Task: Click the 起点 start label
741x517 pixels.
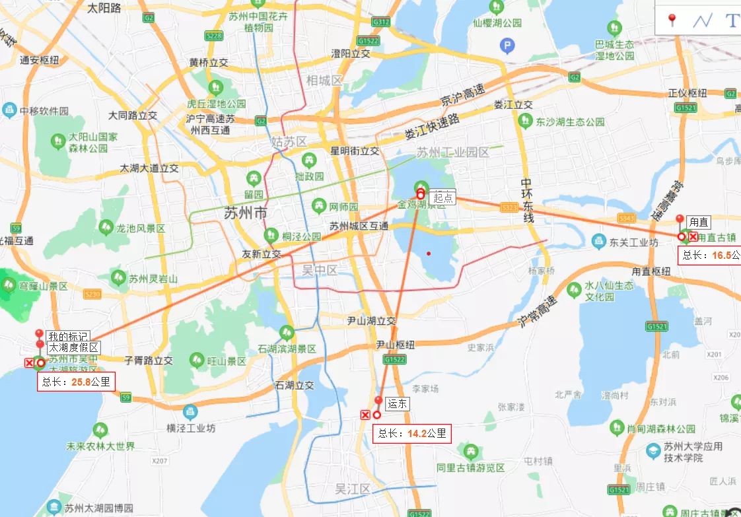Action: (x=442, y=197)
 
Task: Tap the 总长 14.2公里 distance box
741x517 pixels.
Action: (x=413, y=434)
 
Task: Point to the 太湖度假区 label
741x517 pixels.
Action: (x=73, y=347)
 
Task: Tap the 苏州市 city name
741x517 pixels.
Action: (x=246, y=213)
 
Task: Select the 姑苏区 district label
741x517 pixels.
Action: (x=289, y=142)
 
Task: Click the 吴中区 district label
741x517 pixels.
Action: (x=320, y=269)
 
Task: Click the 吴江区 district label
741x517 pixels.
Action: (x=353, y=489)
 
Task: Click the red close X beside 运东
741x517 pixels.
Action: (x=365, y=415)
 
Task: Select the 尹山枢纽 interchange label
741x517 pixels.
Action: (x=395, y=345)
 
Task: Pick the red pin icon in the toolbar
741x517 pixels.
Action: (x=672, y=20)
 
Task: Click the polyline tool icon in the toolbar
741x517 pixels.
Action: (x=702, y=20)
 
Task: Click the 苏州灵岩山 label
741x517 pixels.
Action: (x=153, y=279)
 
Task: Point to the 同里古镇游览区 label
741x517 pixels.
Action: (x=470, y=467)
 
